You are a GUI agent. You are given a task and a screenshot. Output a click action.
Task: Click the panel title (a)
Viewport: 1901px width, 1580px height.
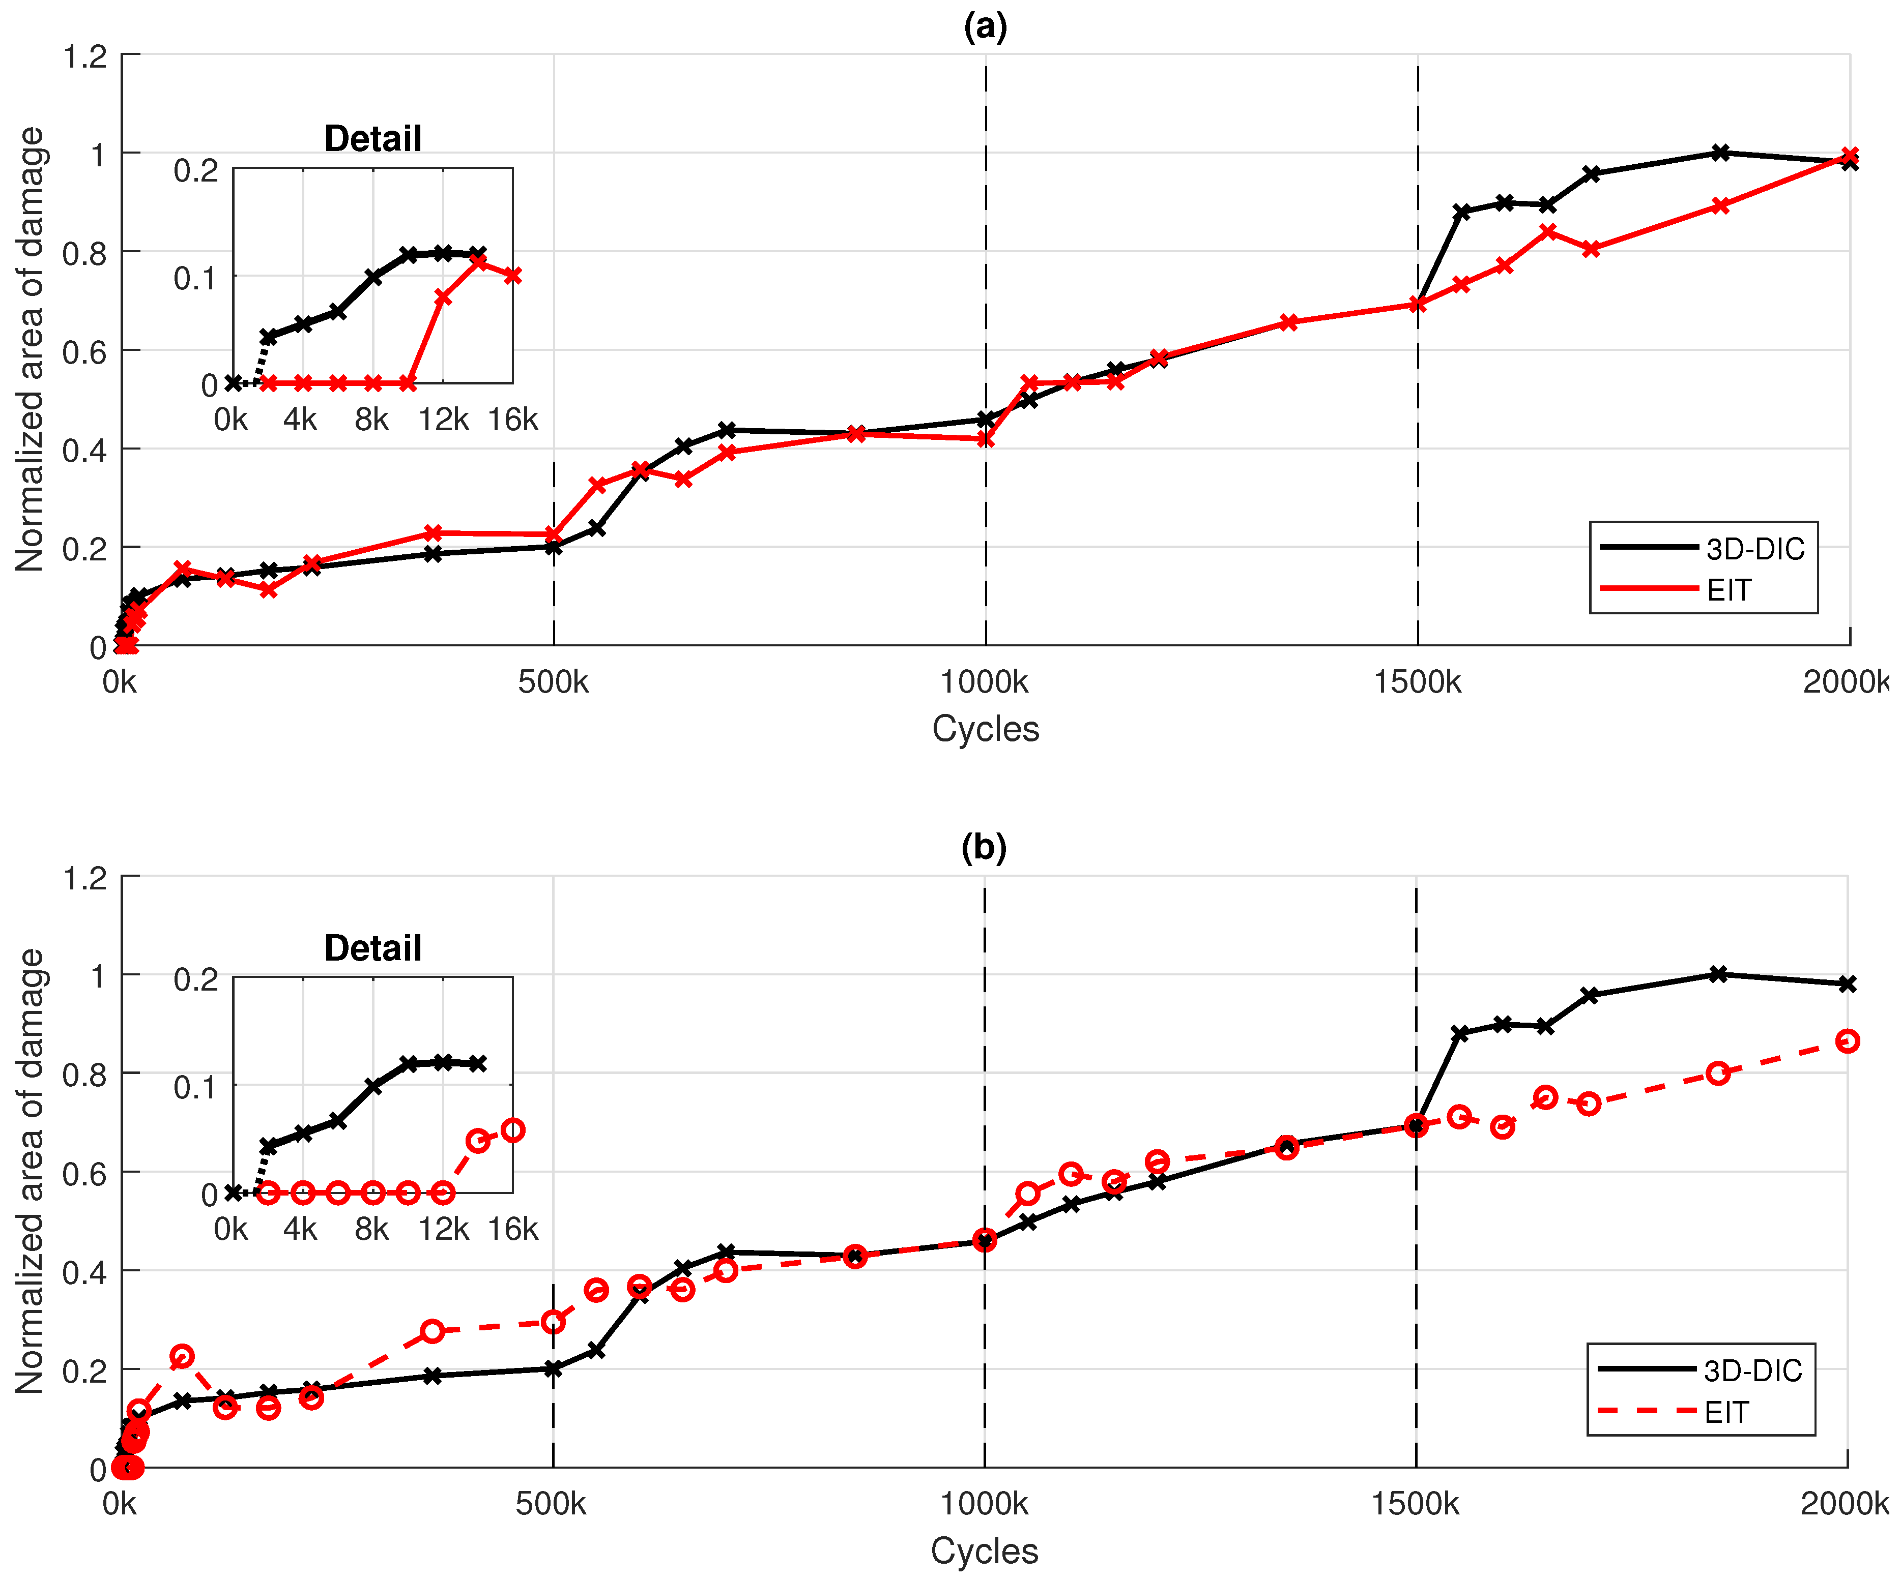click(x=985, y=27)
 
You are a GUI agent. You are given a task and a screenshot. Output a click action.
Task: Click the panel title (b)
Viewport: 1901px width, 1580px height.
click(x=984, y=848)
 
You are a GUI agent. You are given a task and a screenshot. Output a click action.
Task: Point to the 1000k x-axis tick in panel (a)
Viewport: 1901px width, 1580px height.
click(x=985, y=682)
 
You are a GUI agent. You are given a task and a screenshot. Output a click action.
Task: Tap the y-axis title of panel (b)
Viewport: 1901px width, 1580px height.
click(x=30, y=1171)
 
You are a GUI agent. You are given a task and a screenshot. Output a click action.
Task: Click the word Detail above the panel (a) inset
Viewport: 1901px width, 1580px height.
click(x=373, y=138)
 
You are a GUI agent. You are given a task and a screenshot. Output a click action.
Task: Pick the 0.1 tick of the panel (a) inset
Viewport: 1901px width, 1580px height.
click(x=195, y=278)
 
